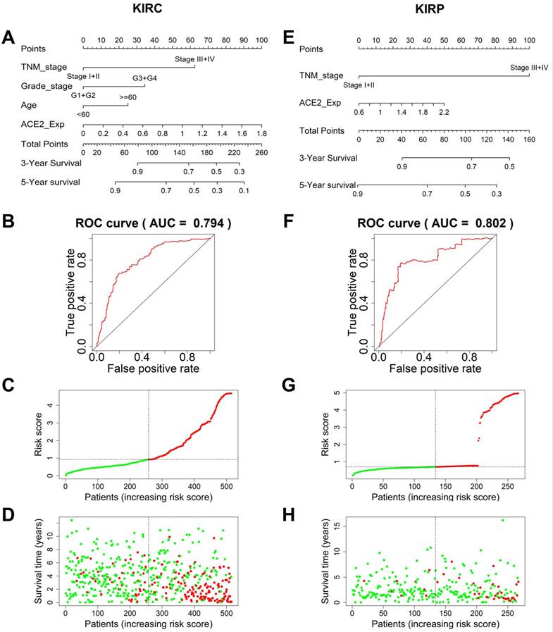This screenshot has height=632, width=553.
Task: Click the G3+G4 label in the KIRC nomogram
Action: [x=144, y=78]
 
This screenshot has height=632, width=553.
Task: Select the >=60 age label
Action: [x=129, y=97]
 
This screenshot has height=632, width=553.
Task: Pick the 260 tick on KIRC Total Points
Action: [x=261, y=151]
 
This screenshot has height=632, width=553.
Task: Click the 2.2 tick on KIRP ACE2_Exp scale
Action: [x=443, y=112]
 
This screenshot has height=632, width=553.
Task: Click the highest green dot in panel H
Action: [x=502, y=521]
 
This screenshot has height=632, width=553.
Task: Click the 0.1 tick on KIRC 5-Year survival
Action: [x=243, y=190]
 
